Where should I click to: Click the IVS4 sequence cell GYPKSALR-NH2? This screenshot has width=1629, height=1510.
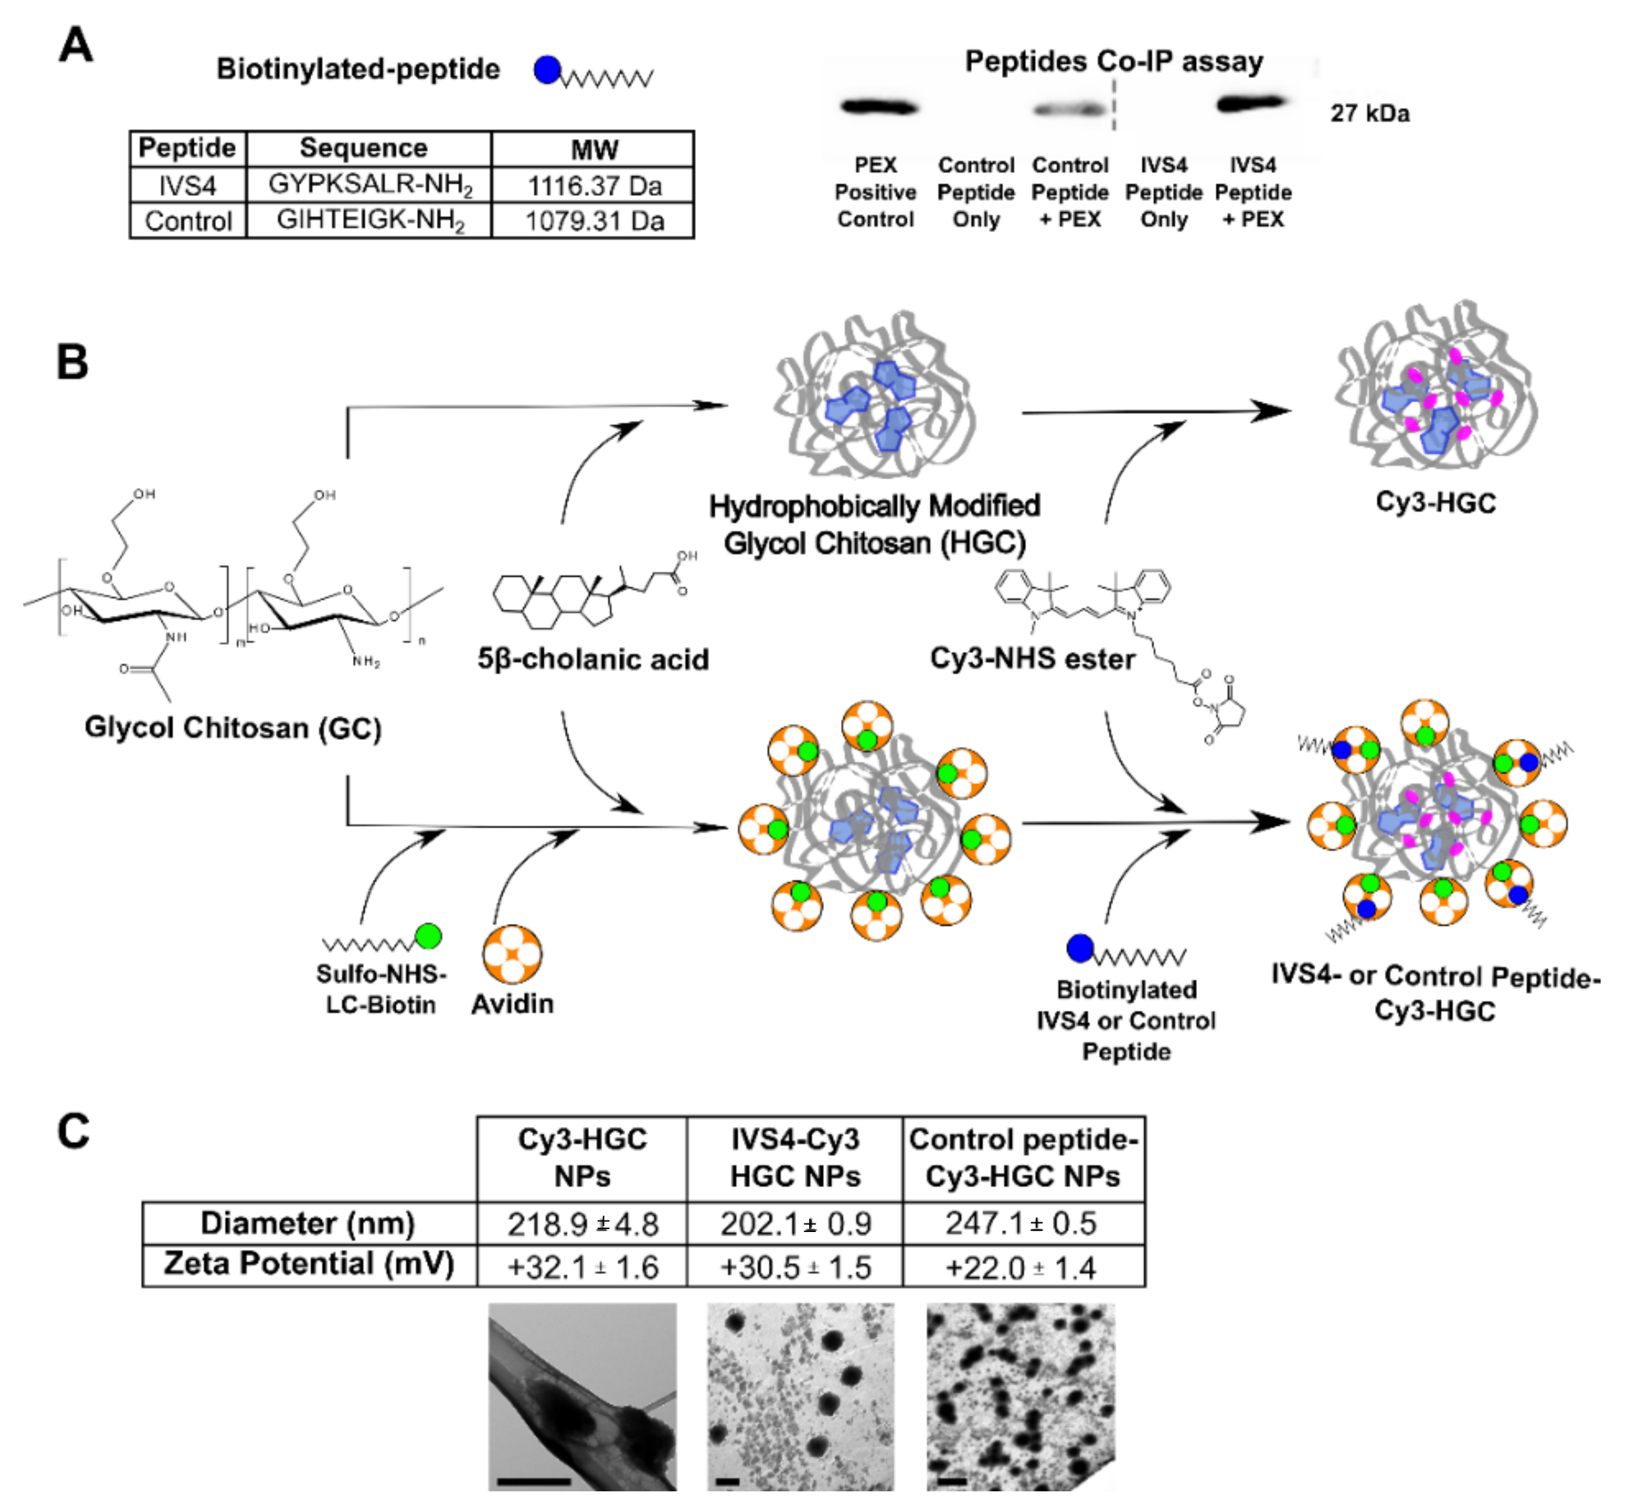click(x=369, y=185)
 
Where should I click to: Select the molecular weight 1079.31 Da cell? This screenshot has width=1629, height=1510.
click(x=594, y=221)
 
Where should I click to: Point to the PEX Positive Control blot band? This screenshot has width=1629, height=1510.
click(x=880, y=106)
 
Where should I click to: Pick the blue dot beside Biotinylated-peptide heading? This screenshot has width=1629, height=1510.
click(x=547, y=71)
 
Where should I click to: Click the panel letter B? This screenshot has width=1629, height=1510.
click(x=72, y=361)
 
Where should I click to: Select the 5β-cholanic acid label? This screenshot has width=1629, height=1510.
click(x=592, y=659)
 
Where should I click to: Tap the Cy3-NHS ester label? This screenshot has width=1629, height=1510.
click(x=1032, y=658)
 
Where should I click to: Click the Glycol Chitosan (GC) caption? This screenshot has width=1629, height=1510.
click(x=233, y=727)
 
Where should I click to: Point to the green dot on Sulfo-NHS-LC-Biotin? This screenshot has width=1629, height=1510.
click(x=428, y=935)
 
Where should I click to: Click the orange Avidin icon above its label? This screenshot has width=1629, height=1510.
click(x=512, y=953)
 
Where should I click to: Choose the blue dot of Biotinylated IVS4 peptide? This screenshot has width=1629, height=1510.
click(x=1080, y=949)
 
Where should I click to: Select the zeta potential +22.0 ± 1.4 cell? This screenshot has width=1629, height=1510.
click(x=1021, y=1268)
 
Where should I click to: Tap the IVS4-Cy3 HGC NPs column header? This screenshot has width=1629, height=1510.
click(x=795, y=1157)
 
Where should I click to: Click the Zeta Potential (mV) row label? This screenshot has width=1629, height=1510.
click(x=309, y=1263)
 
